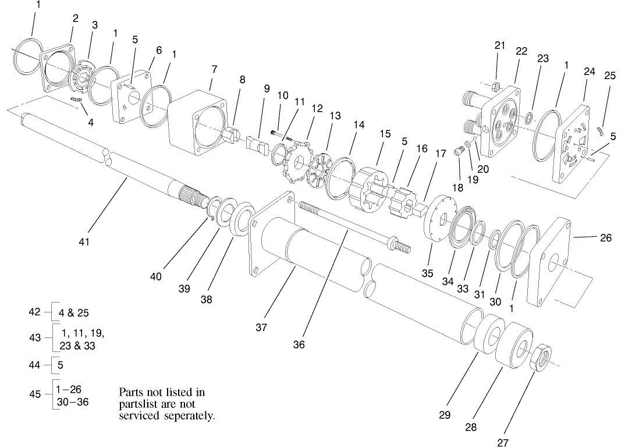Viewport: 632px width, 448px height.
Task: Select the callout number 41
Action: point(84,241)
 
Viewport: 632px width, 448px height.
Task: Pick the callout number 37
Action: point(261,328)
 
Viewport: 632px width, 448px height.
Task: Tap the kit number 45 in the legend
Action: point(35,394)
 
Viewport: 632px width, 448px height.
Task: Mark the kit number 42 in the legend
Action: point(35,312)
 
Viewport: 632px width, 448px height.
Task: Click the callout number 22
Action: point(521,51)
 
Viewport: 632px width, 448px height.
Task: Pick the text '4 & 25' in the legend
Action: point(74,312)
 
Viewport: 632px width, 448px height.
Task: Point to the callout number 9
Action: point(267,88)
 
